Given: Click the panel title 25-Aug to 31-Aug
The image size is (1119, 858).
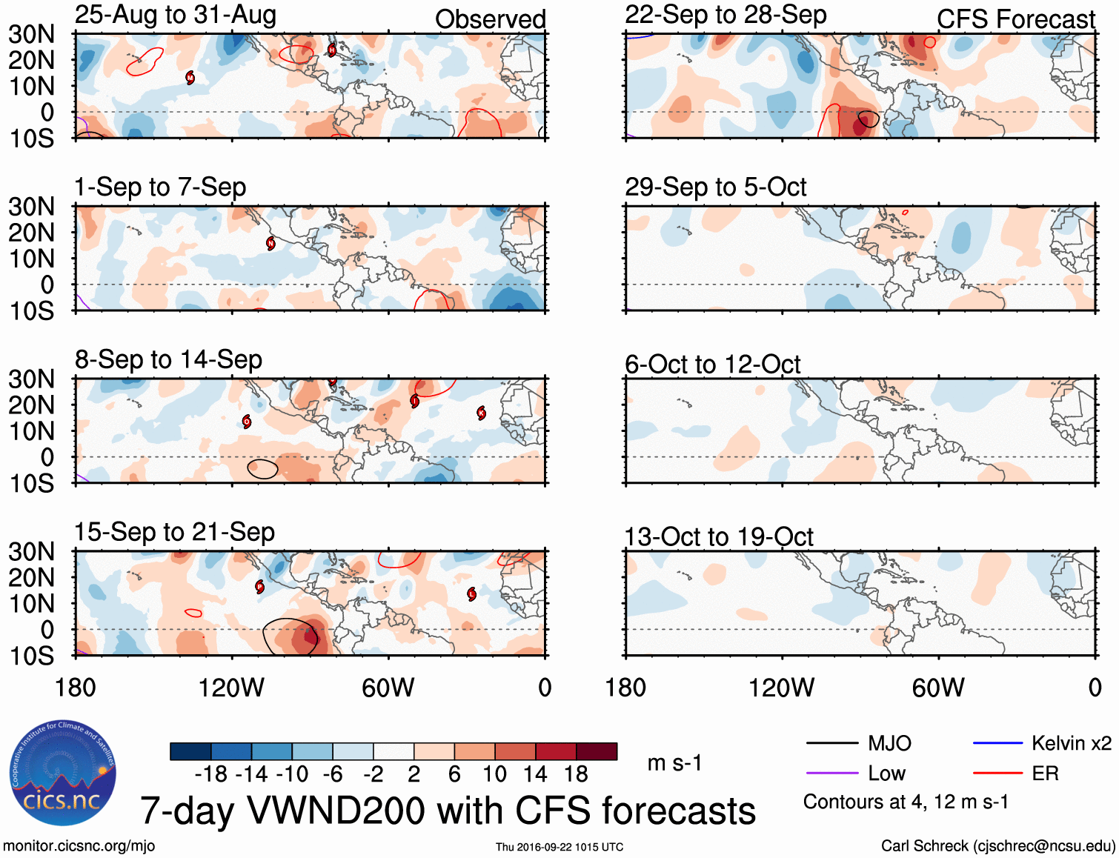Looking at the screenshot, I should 176,15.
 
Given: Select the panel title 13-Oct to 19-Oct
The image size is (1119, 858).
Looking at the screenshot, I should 719,536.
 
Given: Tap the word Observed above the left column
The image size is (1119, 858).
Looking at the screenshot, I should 490,19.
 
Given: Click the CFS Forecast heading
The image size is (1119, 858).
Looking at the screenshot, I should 1015,19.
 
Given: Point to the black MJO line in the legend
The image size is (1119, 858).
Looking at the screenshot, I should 831,743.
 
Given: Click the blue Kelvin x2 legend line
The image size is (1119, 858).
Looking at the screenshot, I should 997,743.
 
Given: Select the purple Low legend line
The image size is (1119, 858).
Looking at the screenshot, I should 831,774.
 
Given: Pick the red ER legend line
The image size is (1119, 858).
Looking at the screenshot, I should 997,774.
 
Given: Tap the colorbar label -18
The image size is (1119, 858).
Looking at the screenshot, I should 211,774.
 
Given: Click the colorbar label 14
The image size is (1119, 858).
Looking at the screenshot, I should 535,774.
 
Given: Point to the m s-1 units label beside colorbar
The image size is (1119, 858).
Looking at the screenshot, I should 674,763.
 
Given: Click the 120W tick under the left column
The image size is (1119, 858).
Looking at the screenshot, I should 231,688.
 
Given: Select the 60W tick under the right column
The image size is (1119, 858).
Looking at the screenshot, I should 938,688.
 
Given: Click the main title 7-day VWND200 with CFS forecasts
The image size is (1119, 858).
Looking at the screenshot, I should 448,811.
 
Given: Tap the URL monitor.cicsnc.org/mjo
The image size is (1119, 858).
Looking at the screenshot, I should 79,846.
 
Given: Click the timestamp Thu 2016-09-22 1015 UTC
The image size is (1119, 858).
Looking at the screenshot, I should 559,847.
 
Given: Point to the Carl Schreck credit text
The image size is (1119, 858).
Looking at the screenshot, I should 997,846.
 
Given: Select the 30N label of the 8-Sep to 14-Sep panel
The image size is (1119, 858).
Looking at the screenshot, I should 31,379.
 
